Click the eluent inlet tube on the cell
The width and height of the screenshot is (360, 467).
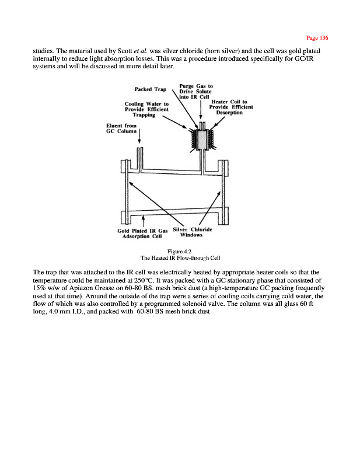tap(140, 158)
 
